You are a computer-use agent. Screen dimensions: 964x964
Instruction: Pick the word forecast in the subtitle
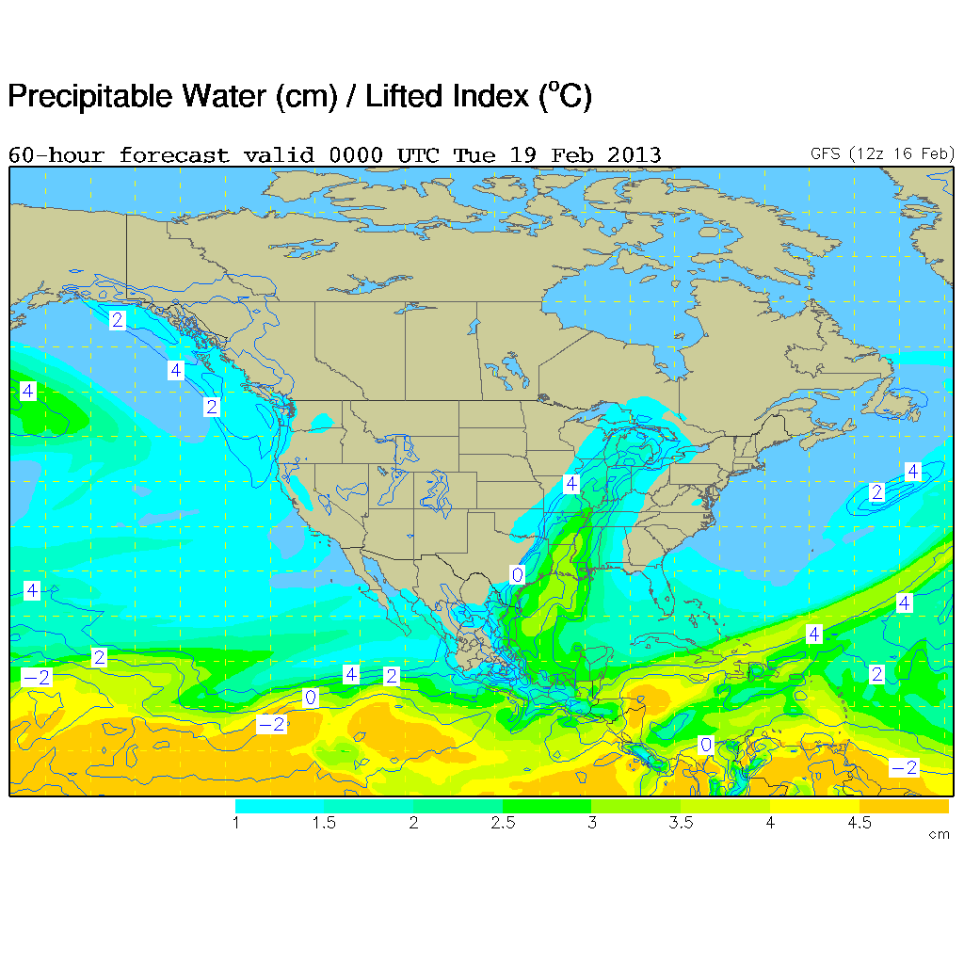[x=174, y=155]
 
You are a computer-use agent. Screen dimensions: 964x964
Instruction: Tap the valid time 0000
[x=356, y=155]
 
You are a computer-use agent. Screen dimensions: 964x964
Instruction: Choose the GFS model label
[x=827, y=153]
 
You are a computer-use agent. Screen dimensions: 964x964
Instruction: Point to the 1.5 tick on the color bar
[x=324, y=824]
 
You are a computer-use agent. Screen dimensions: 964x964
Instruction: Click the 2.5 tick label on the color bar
[x=503, y=824]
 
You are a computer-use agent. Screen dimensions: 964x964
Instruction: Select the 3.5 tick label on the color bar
[x=681, y=824]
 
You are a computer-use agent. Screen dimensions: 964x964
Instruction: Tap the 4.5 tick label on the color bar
[x=860, y=824]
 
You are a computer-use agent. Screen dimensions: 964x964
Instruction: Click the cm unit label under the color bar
[x=939, y=835]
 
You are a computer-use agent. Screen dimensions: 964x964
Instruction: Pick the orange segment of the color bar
[x=904, y=807]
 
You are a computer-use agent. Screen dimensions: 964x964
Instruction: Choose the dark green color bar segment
[x=547, y=807]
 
